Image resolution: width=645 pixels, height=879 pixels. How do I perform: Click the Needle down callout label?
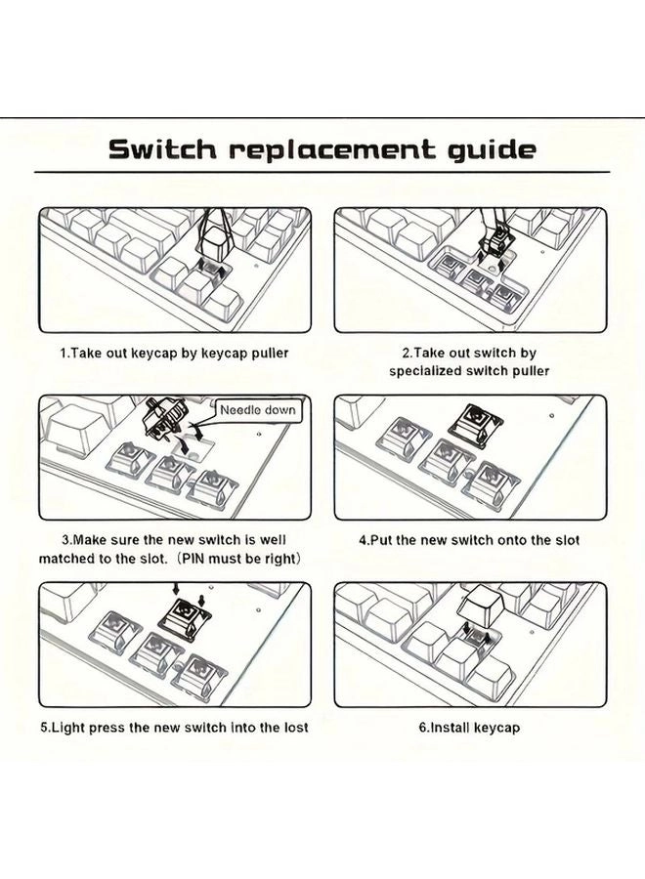(257, 410)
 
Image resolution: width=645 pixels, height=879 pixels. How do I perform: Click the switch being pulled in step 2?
(492, 244)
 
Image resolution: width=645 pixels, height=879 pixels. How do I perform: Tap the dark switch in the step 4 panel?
(475, 422)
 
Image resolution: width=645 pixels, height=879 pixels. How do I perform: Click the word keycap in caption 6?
(496, 728)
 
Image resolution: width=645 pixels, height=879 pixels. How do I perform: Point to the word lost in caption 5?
(295, 727)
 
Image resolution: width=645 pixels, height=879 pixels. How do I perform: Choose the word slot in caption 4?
(567, 540)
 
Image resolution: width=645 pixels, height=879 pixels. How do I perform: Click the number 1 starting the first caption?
(64, 354)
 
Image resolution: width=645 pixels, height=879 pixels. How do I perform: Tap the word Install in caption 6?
(450, 728)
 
